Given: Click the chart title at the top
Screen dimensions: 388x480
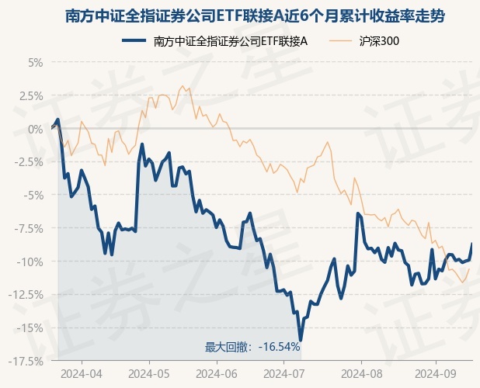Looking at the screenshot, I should coord(240,16).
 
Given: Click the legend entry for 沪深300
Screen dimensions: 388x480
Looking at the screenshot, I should coord(379,41).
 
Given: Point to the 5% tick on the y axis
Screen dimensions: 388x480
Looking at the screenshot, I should coord(34,62).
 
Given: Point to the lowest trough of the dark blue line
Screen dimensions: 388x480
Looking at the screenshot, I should coord(300,340).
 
